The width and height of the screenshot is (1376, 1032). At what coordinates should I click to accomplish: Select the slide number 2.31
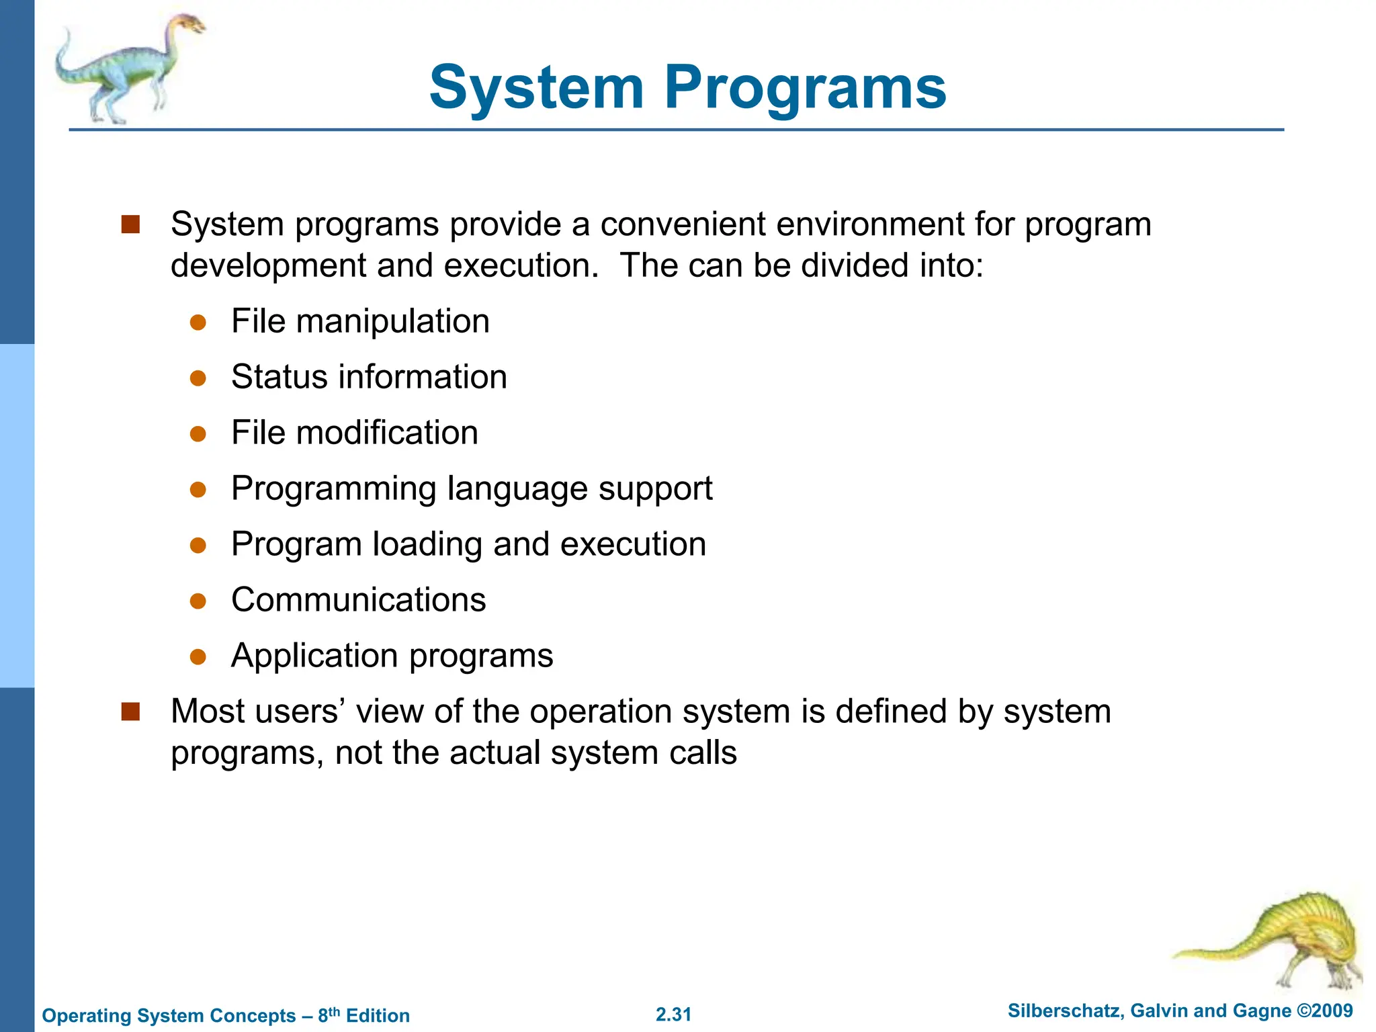pyautogui.click(x=673, y=1015)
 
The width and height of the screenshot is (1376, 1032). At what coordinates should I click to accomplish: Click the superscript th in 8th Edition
pyautogui.click(x=334, y=1010)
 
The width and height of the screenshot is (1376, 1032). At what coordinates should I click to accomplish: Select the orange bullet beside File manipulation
pyautogui.click(x=198, y=322)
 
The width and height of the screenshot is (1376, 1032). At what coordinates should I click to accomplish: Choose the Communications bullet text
pyautogui.click(x=358, y=600)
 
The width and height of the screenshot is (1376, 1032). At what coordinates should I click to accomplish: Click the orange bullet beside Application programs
pyautogui.click(x=198, y=656)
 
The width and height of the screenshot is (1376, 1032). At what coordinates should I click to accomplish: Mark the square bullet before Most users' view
pyautogui.click(x=130, y=712)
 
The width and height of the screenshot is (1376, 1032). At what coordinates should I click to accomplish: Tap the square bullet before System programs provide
pyautogui.click(x=130, y=224)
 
